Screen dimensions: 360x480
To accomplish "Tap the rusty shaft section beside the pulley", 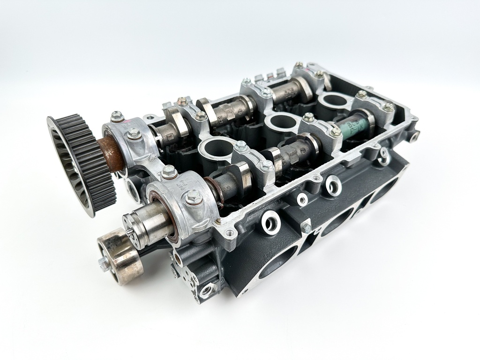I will point(113,153).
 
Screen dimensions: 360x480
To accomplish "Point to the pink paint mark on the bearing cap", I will point(125,126).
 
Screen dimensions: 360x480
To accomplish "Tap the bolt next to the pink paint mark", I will point(117,115).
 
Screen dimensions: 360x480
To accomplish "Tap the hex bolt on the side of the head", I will point(306,227).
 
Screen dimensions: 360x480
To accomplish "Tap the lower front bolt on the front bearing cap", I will point(193,198).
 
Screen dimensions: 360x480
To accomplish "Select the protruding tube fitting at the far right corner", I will point(414,136).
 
